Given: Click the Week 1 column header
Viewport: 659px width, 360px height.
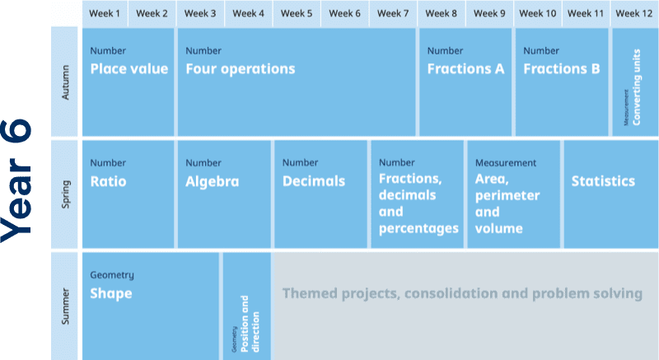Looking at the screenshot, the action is (105, 13).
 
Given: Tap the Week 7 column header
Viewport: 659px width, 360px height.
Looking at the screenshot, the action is (393, 13).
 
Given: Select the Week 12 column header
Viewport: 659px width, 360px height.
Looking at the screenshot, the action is (634, 13).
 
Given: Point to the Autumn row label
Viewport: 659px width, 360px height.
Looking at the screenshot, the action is (65, 82).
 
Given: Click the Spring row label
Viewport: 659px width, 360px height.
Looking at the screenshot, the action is (66, 194).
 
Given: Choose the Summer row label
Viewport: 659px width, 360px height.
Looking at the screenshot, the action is (65, 306).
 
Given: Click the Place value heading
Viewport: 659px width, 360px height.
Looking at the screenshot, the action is (129, 69).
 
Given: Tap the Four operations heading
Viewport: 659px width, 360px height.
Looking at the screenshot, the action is (241, 69).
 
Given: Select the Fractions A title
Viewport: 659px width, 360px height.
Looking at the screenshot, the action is (465, 69).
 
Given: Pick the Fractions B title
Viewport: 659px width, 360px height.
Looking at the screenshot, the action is (562, 69).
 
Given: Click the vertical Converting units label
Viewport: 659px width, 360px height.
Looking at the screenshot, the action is (636, 87).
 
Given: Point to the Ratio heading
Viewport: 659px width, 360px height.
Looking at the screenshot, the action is (109, 181).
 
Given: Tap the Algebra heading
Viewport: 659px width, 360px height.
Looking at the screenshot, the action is (213, 181).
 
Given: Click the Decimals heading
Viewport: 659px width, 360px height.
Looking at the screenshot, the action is (314, 181).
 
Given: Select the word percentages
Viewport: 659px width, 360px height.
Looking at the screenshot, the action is (418, 228).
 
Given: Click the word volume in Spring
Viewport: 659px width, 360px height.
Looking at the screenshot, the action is (499, 228).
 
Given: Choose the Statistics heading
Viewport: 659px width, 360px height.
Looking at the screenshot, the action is (603, 181).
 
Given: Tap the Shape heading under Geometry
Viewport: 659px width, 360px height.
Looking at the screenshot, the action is (111, 293).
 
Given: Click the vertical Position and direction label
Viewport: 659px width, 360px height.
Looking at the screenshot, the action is (250, 324).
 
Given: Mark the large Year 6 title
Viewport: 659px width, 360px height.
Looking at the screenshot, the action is (16, 180).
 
